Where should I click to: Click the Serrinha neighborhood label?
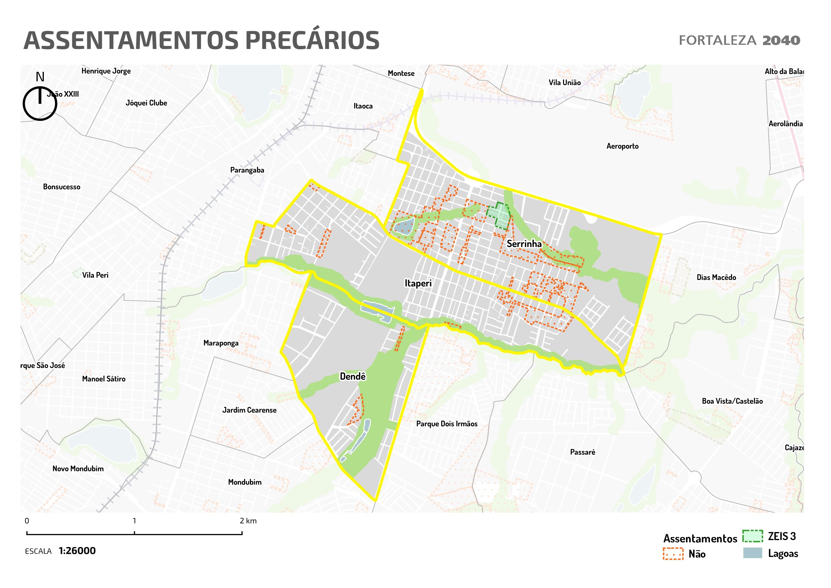524,244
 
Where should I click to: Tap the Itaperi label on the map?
418,284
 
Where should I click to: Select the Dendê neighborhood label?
353,377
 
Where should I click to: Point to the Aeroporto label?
622,146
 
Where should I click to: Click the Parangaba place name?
247,170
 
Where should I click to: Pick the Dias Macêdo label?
716,278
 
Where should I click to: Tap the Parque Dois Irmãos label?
447,424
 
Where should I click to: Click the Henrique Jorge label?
106,71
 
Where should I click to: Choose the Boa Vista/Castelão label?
732,401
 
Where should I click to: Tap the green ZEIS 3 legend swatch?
753,536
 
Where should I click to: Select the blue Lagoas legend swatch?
753,553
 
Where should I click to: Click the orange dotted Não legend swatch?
673,554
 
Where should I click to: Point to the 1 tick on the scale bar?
134,533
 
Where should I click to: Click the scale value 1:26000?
77,551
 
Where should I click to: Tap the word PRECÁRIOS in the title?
312,41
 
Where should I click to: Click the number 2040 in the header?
781,41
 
